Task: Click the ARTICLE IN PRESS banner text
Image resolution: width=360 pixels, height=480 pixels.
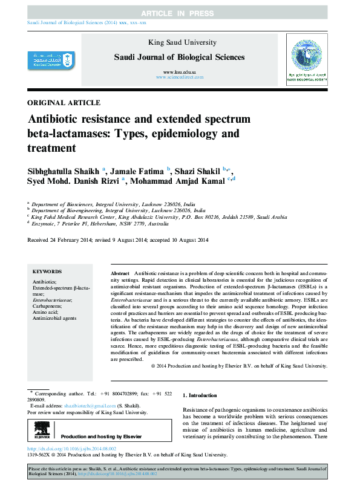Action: pyautogui.click(x=180, y=13)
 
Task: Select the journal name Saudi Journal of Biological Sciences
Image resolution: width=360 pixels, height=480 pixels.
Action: pyautogui.click(x=180, y=57)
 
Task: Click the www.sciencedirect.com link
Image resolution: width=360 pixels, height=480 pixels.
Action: pyautogui.click(x=180, y=77)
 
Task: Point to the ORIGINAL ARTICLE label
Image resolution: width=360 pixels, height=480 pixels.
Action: pyautogui.click(x=64, y=103)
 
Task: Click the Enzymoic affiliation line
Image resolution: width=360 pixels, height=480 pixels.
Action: pyautogui.click(x=100, y=222)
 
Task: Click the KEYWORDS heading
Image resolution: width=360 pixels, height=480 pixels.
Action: pyautogui.click(x=47, y=273)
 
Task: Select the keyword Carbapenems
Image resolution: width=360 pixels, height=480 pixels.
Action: pyautogui.click(x=49, y=305)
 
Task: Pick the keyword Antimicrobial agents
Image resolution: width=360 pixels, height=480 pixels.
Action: pyautogui.click(x=54, y=317)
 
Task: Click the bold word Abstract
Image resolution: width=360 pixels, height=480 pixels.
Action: pyautogui.click(x=120, y=274)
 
